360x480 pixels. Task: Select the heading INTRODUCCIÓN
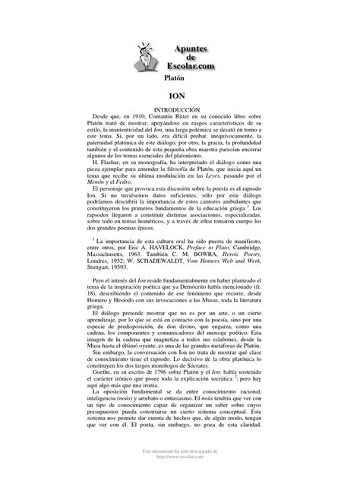pyautogui.click(x=179, y=110)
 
